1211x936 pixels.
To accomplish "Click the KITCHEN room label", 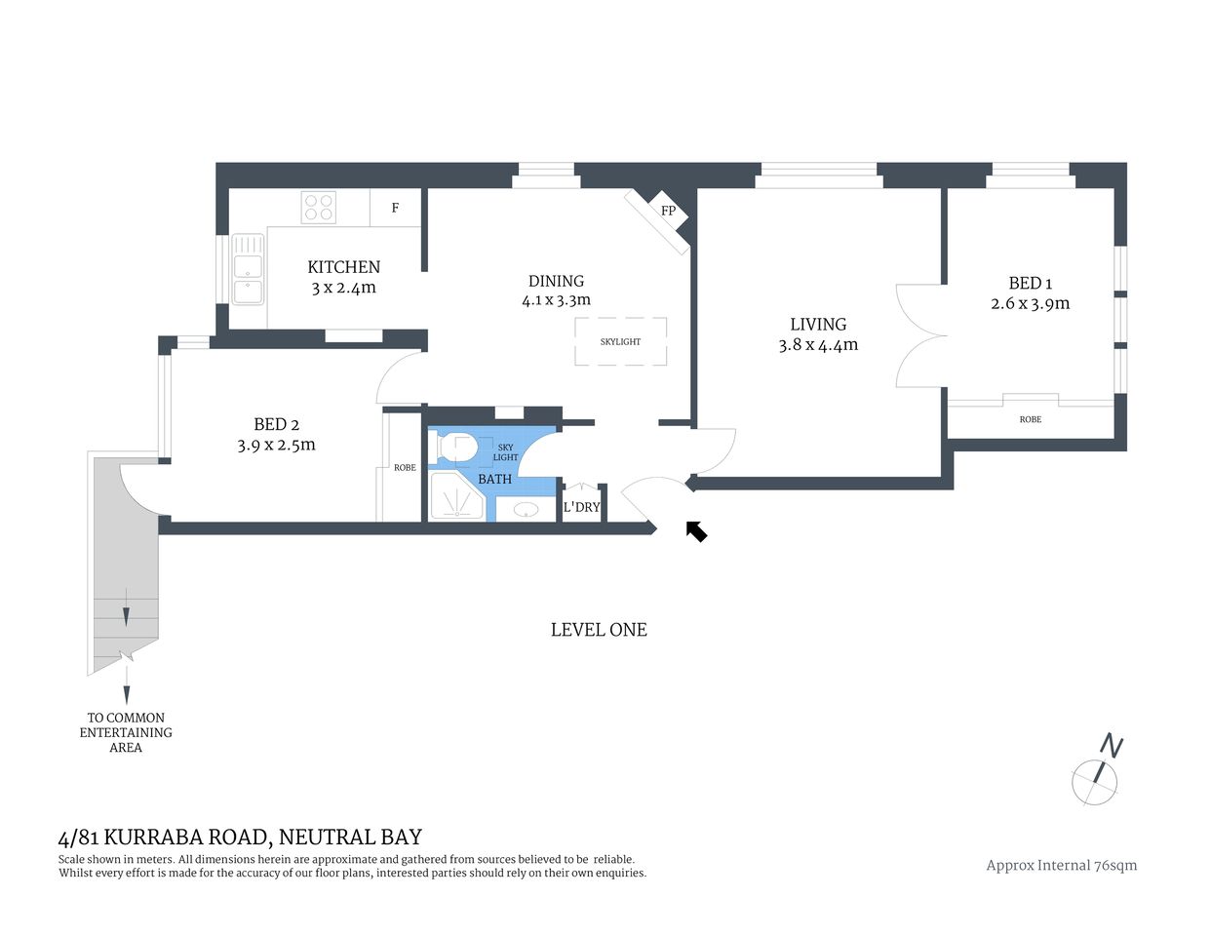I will [x=343, y=267].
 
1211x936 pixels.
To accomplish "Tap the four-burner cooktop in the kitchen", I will [x=319, y=207].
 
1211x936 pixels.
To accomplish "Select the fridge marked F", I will [x=395, y=208].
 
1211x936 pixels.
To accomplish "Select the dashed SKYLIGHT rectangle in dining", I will [x=620, y=341].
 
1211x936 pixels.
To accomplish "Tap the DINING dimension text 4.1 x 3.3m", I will [x=556, y=301].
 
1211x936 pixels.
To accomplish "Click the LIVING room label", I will [x=818, y=324].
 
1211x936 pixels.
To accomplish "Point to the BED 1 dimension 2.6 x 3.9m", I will [x=1030, y=303].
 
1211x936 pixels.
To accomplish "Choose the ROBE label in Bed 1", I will [x=1030, y=419].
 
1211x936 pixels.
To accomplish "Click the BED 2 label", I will [x=276, y=424].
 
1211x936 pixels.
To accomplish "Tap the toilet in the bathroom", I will [x=457, y=448].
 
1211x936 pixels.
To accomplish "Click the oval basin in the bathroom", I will [x=527, y=509].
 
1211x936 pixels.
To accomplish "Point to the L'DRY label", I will [x=581, y=507].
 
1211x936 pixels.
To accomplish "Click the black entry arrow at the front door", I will [x=696, y=531].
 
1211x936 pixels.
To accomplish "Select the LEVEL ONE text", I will [x=599, y=630].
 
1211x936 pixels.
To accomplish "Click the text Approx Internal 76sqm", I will [x=1061, y=865].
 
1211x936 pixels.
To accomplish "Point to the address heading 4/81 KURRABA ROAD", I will [x=240, y=837].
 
